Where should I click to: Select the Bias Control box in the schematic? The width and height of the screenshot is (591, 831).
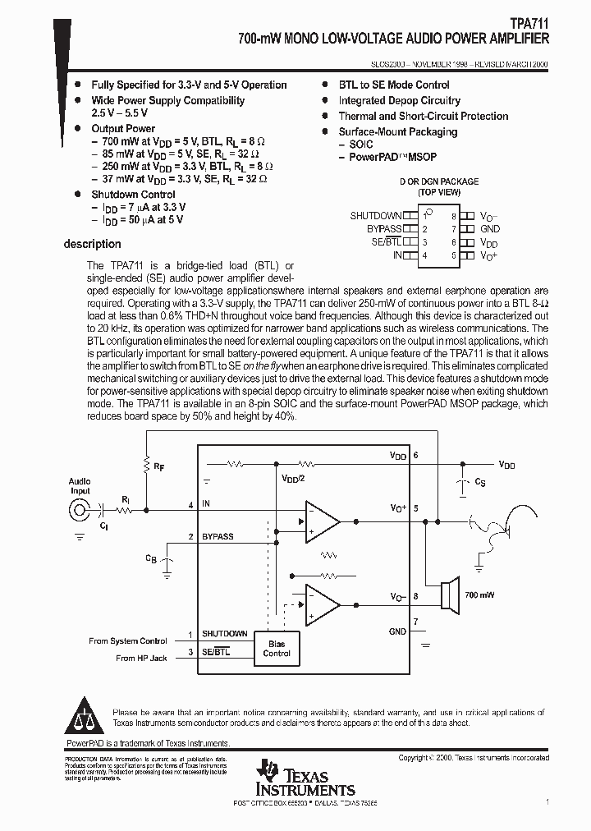[x=277, y=648]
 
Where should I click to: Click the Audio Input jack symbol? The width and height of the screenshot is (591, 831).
[x=80, y=510]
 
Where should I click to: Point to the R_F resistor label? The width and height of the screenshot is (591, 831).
[x=158, y=466]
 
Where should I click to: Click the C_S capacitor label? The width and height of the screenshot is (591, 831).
[x=479, y=483]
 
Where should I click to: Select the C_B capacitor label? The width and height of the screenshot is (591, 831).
[x=151, y=558]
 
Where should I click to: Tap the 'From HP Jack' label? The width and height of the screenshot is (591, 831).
[x=141, y=658]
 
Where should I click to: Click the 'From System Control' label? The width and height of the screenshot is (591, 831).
[x=128, y=640]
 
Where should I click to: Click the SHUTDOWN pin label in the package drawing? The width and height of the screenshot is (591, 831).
[x=375, y=216]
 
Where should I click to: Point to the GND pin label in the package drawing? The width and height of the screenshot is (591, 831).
[x=490, y=229]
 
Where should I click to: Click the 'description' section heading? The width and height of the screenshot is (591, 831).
[x=92, y=244]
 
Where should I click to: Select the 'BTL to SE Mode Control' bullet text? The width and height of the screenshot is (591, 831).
[x=394, y=85]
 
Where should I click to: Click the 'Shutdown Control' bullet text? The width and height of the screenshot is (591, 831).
[x=133, y=195]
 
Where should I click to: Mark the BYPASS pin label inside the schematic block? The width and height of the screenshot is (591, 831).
[x=218, y=536]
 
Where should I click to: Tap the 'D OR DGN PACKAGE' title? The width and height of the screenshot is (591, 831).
[x=439, y=181]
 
